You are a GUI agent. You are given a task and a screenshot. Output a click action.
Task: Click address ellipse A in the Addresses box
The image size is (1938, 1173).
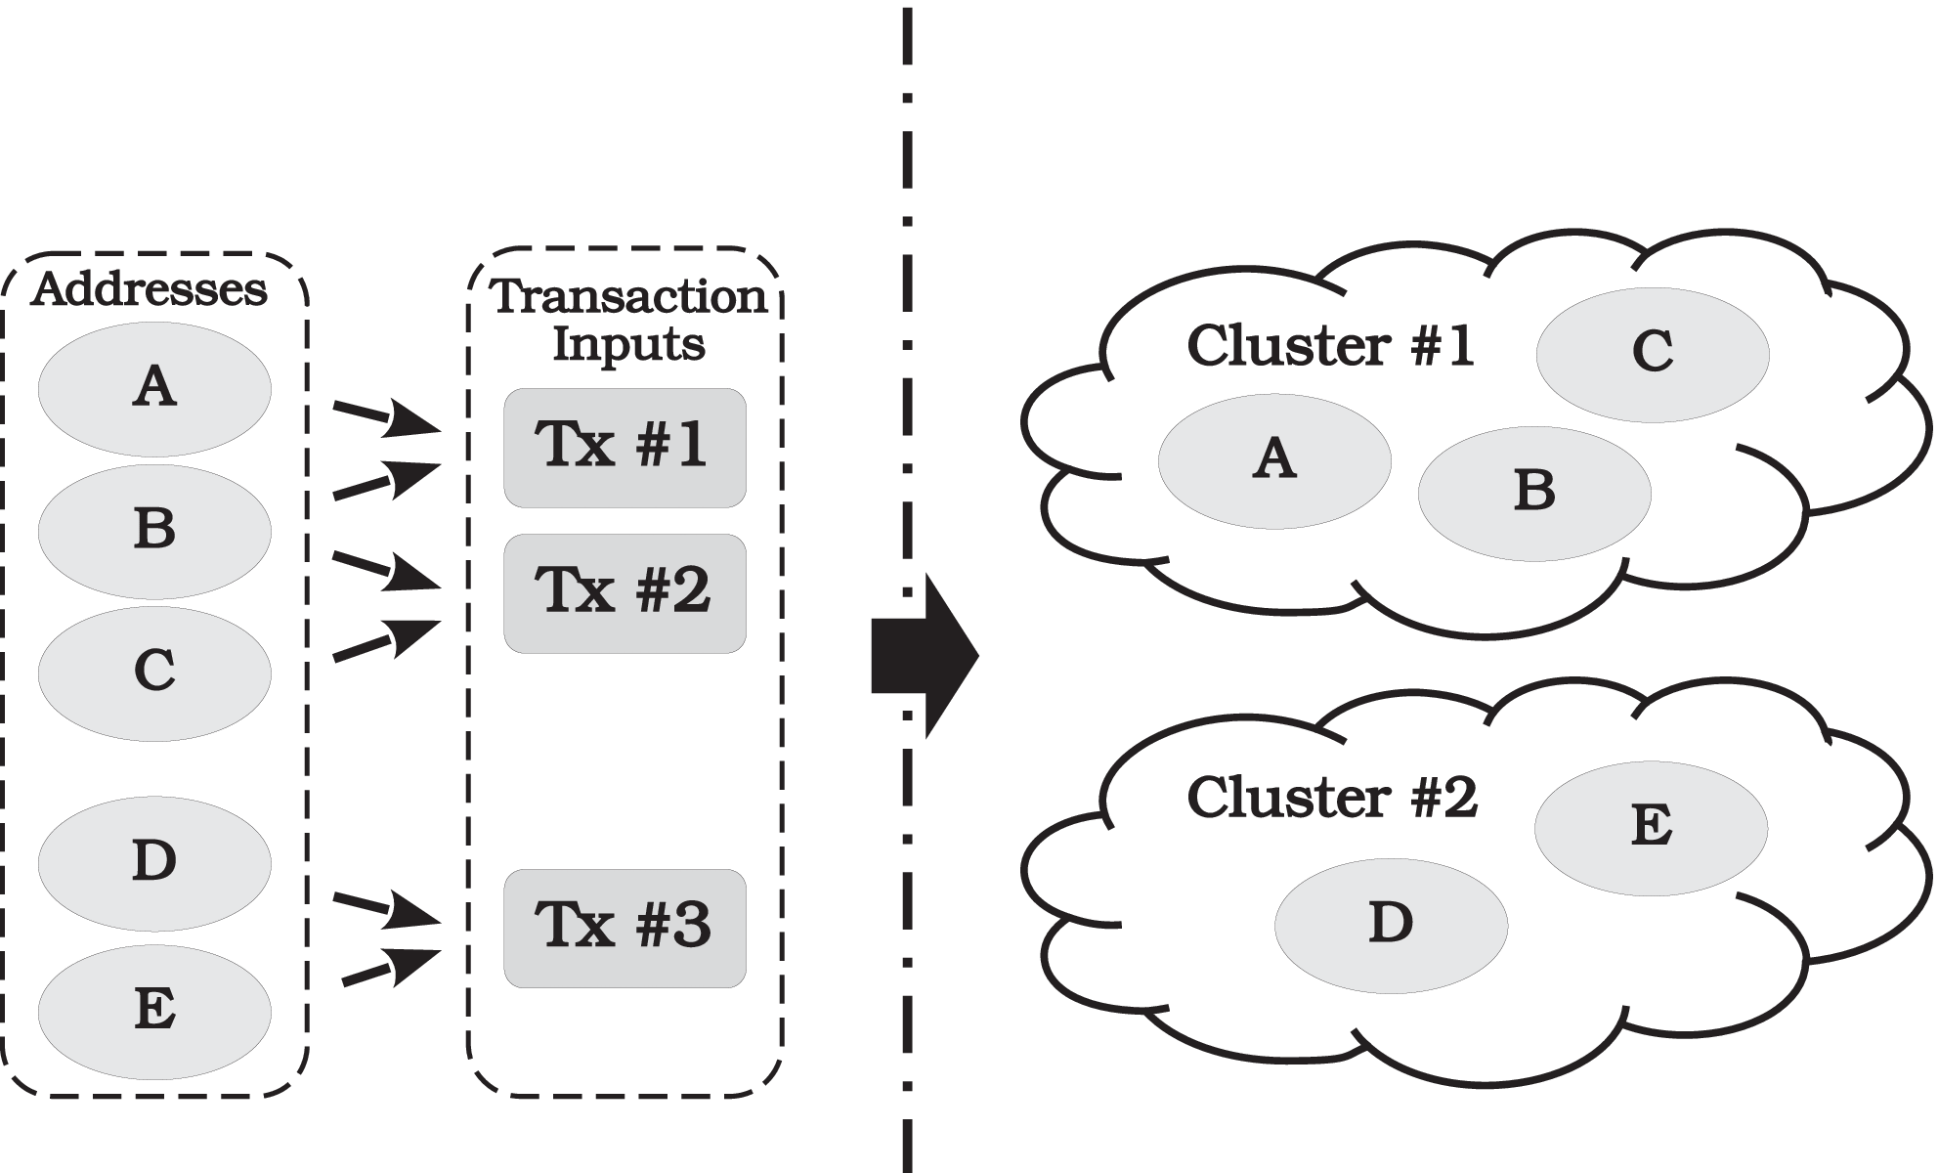click(x=154, y=388)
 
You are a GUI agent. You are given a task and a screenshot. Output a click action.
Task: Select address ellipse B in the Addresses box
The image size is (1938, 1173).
click(x=154, y=531)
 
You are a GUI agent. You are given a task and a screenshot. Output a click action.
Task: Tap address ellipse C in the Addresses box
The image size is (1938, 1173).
click(x=154, y=673)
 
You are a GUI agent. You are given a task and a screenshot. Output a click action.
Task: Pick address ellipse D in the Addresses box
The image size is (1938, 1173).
click(x=154, y=863)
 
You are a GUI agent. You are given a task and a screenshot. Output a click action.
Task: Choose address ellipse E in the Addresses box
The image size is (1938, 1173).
click(x=154, y=1011)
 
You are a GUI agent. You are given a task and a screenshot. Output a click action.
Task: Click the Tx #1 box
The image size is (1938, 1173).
click(x=624, y=448)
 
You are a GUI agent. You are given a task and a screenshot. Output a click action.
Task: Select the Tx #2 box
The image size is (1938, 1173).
click(x=624, y=592)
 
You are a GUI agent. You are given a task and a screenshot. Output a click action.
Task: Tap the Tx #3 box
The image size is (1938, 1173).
click(x=624, y=928)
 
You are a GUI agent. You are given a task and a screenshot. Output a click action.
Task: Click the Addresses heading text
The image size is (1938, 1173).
click(x=149, y=289)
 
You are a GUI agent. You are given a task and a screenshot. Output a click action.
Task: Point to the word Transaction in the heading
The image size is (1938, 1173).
click(x=628, y=296)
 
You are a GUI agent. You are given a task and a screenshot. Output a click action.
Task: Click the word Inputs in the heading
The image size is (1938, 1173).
click(x=628, y=344)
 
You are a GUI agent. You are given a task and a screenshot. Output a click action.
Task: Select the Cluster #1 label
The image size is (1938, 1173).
click(x=1330, y=346)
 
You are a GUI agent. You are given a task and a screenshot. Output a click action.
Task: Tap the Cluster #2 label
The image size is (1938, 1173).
click(x=1331, y=798)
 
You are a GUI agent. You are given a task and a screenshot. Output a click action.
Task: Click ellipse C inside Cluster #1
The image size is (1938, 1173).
click(x=1652, y=354)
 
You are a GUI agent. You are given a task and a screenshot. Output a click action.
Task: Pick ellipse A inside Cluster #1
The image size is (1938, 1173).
click(x=1273, y=460)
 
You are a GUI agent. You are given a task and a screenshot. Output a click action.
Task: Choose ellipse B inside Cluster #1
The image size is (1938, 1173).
click(x=1533, y=493)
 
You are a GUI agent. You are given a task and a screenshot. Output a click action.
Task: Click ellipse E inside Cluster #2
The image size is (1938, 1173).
click(x=1651, y=828)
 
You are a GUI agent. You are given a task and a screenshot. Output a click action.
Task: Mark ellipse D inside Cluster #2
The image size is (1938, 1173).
click(x=1390, y=925)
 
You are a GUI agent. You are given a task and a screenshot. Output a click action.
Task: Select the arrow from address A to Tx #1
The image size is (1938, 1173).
click(x=387, y=417)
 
